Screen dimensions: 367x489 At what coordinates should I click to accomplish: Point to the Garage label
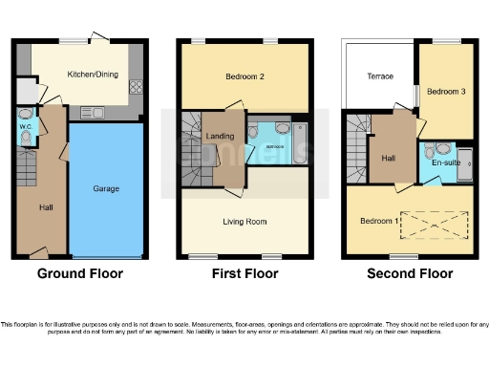point(106,189)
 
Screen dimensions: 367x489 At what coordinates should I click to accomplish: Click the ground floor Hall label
point(45,206)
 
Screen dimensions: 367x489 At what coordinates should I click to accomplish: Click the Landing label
point(220,137)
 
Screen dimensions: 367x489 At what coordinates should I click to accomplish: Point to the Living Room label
point(244,221)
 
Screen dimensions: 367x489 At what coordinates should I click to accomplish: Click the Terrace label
point(380,76)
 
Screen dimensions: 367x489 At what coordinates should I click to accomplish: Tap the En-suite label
point(446,163)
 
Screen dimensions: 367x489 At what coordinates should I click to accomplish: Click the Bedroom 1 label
point(379,221)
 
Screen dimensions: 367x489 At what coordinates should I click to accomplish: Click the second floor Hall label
point(389,159)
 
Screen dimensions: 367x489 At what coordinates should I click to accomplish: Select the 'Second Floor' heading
point(410,274)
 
